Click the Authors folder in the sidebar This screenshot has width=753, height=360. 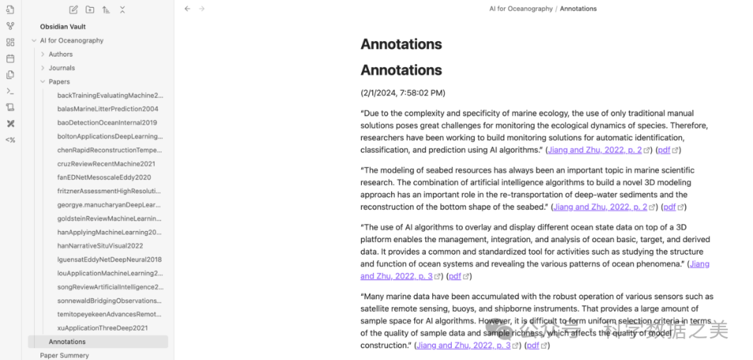coord(61,54)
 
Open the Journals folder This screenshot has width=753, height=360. coord(61,68)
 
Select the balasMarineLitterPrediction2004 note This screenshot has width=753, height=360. coord(107,109)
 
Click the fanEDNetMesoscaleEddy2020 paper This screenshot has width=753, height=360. coord(104,177)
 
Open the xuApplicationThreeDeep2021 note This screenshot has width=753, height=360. coord(102,328)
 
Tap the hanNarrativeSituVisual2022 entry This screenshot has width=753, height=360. coord(100,246)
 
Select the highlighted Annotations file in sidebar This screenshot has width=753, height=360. coord(67,342)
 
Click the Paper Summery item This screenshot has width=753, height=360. coord(64,355)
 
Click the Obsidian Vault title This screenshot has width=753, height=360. coord(63,27)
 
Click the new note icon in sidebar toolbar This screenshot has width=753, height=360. coord(74,10)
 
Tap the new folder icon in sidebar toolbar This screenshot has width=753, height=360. coord(90,10)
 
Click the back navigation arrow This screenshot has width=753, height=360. coord(187,9)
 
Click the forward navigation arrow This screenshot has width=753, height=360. coord(201,9)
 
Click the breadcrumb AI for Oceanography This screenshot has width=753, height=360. coord(521,9)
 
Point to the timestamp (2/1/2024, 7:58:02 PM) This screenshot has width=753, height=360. coord(402,93)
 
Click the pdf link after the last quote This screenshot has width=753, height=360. coord(533,345)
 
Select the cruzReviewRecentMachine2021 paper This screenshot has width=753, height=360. coord(106,164)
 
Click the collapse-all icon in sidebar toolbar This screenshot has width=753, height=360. coord(122,10)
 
